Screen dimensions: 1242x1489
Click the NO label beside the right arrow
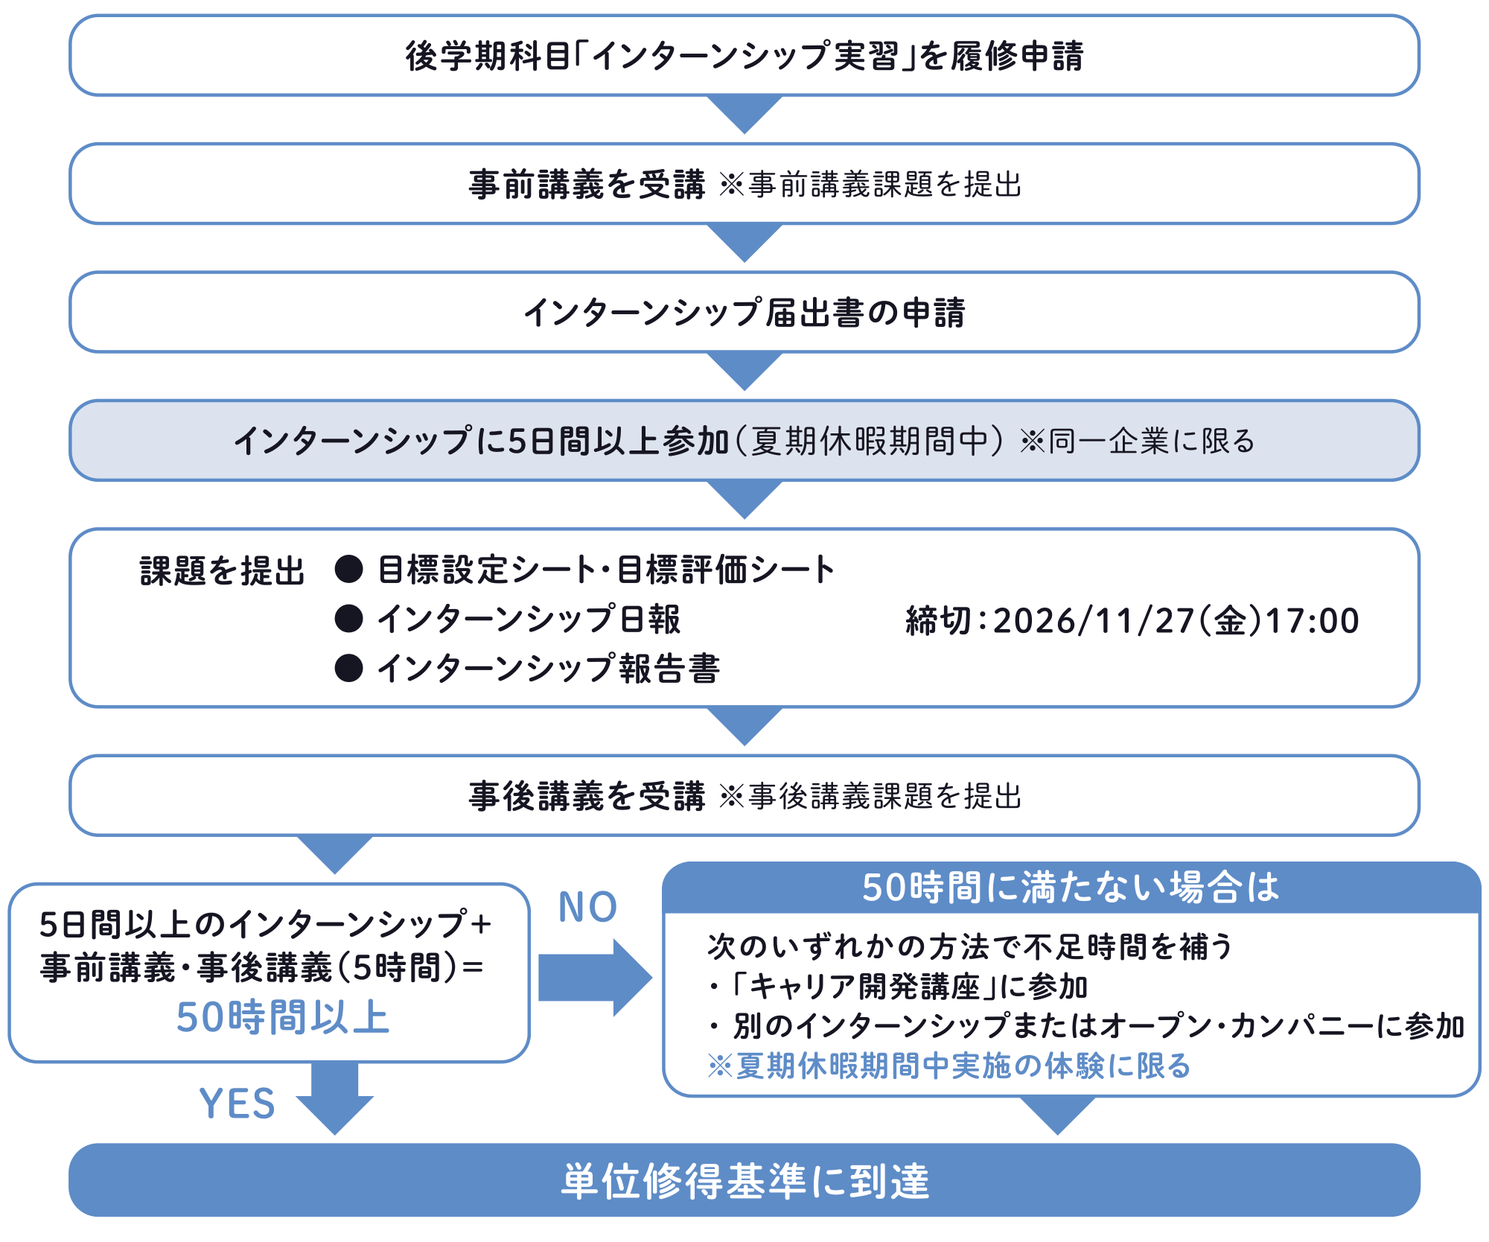point(587,907)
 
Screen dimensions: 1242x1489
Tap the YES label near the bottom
point(237,1103)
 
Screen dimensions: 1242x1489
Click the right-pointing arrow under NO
point(594,978)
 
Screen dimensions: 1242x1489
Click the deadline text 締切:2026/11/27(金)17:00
point(1132,620)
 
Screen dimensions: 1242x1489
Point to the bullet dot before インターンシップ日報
point(348,619)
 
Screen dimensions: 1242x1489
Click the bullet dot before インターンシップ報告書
point(348,668)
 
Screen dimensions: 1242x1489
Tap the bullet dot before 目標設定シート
point(348,570)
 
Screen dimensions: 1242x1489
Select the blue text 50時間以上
point(283,1017)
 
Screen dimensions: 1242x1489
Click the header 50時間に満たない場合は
point(1071,888)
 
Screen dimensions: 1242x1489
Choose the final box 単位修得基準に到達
point(744,1180)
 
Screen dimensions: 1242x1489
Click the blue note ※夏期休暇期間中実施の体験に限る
point(948,1066)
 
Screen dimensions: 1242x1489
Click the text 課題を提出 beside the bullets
point(222,571)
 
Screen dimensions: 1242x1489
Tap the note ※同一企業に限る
point(1137,442)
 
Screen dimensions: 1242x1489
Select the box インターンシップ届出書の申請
point(744,313)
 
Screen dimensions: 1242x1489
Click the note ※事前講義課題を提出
point(870,185)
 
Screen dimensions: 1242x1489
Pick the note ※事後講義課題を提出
point(870,797)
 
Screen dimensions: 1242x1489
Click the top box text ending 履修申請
point(744,56)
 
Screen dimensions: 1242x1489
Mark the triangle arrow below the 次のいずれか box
point(1057,1115)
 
